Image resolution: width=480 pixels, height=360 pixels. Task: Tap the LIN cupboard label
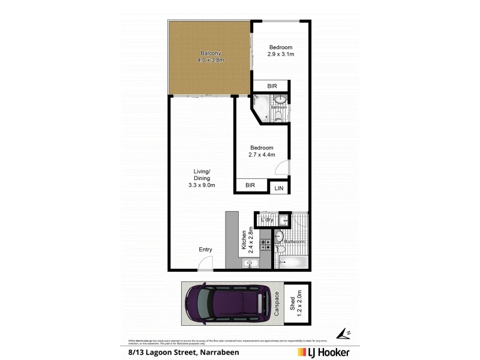[x=279, y=188]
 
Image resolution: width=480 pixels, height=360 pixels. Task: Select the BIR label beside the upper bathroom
[x=272, y=86]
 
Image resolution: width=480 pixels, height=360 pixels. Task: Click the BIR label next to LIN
[x=250, y=186]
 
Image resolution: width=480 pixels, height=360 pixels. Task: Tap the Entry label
[x=205, y=250]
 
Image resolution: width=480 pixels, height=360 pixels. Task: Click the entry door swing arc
[x=206, y=263]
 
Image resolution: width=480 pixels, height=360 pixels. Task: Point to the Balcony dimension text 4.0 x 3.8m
[x=211, y=61]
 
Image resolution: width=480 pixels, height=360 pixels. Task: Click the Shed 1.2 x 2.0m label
[x=295, y=303]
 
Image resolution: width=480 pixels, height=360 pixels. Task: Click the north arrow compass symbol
[x=343, y=332]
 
